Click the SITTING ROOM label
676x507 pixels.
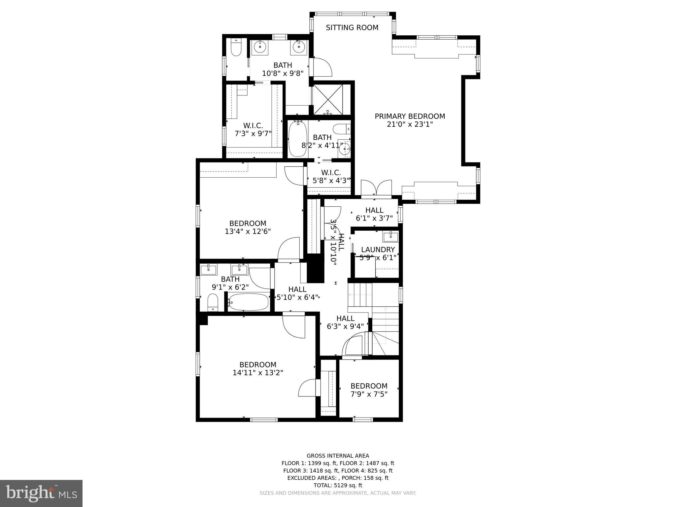(x=352, y=28)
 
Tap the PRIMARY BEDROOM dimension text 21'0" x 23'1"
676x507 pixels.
(x=410, y=124)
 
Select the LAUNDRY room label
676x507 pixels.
(x=378, y=250)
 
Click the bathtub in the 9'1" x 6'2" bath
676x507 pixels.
(x=249, y=302)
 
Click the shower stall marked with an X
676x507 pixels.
(x=328, y=100)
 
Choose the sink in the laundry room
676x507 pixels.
(x=390, y=237)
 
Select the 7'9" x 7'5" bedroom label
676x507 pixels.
(x=369, y=386)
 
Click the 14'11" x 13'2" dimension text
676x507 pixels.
(x=258, y=373)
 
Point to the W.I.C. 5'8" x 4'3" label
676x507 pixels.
(x=331, y=177)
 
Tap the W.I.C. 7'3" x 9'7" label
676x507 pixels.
(x=253, y=129)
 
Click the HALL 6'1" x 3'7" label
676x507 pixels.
(x=374, y=214)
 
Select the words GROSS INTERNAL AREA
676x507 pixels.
(x=338, y=456)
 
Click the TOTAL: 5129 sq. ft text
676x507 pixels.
(x=338, y=485)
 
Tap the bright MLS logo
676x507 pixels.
(x=41, y=493)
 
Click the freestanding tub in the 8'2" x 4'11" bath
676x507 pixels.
(x=297, y=139)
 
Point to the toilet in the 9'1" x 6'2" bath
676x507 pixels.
(x=213, y=302)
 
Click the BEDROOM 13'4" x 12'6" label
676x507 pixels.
(x=248, y=227)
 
